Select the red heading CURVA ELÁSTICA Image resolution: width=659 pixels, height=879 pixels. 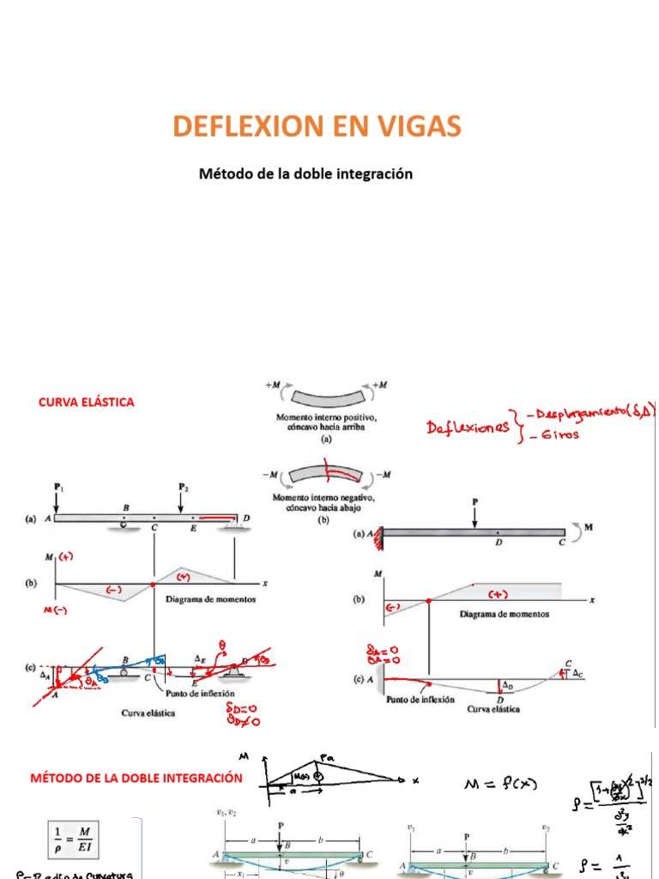[87, 402]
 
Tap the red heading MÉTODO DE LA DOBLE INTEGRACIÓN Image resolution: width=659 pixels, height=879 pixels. [136, 779]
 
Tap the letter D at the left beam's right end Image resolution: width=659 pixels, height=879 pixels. [247, 518]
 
